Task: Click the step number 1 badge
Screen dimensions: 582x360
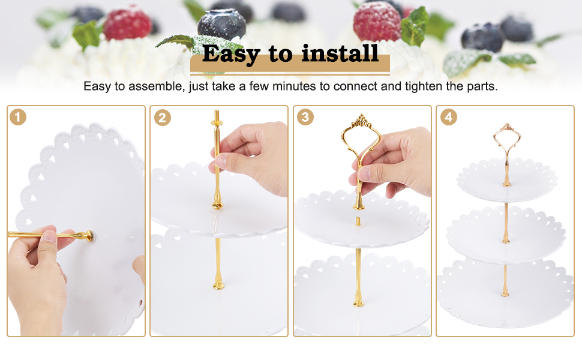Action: coord(18,117)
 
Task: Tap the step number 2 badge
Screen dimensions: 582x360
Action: coord(162,118)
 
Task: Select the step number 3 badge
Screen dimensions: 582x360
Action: coord(305,117)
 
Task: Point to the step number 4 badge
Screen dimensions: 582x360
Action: coord(448,117)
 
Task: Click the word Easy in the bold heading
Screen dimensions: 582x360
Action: coord(231,55)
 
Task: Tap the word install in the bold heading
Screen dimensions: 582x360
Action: coord(340,53)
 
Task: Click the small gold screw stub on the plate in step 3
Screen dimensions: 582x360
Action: coord(358,221)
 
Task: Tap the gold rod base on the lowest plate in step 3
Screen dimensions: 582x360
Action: coord(358,302)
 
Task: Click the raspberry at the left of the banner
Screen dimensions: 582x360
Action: coord(127,23)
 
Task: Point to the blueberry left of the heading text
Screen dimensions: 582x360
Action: coord(221,25)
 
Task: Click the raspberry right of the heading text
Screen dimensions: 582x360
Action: coord(377,22)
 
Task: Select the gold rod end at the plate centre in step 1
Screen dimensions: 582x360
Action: coord(88,235)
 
